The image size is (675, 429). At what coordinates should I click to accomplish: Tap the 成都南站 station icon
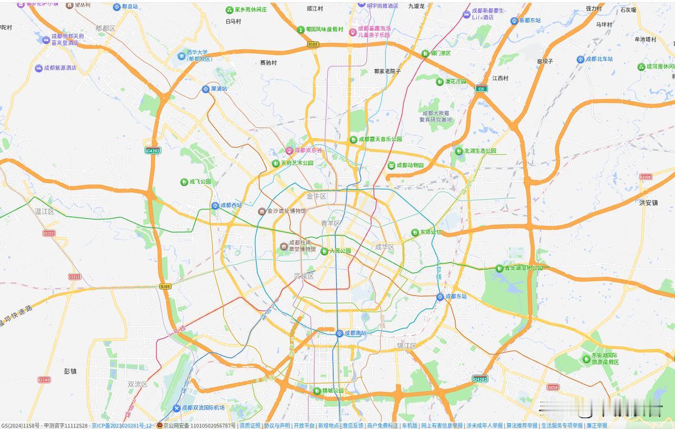click(340, 333)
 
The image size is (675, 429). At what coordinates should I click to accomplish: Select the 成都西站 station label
click(231, 205)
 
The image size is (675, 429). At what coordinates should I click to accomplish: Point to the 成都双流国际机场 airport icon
click(176, 408)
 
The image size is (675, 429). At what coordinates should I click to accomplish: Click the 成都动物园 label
click(410, 165)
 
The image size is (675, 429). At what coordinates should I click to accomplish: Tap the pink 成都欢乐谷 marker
click(289, 150)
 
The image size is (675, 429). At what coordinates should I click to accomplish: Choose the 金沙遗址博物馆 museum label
click(286, 211)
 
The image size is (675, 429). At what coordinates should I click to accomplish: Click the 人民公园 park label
click(340, 251)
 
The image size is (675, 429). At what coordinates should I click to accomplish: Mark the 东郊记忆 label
click(430, 232)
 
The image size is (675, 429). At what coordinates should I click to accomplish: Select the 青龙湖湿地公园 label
click(523, 268)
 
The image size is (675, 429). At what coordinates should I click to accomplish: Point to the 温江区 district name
click(44, 212)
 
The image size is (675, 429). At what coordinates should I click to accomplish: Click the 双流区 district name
click(138, 384)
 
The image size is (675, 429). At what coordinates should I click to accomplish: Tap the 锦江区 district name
click(407, 346)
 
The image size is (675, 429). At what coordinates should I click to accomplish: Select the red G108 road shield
click(645, 177)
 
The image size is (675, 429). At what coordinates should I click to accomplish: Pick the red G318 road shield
click(553, 387)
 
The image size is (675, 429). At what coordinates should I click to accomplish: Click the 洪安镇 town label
click(648, 203)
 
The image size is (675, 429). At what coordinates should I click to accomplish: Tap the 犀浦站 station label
click(219, 89)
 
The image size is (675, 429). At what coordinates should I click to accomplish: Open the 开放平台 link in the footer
click(304, 425)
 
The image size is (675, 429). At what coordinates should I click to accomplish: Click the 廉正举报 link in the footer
click(596, 425)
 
